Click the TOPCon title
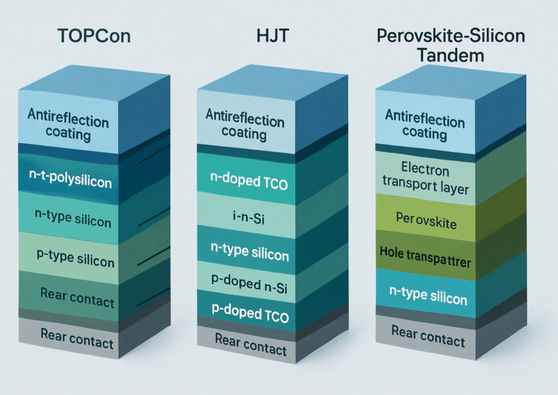pyautogui.click(x=94, y=36)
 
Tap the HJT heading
pyautogui.click(x=272, y=35)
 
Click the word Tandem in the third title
pyautogui.click(x=450, y=55)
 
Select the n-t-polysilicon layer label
pyautogui.click(x=70, y=179)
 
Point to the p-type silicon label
pyautogui.click(x=75, y=258)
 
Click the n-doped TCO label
pyautogui.click(x=248, y=181)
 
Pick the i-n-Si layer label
pyautogui.click(x=248, y=217)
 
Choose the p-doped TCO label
pyautogui.click(x=250, y=313)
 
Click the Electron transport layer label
pyautogui.click(x=426, y=178)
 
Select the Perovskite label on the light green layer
pyautogui.click(x=426, y=220)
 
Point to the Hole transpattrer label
pyautogui.click(x=425, y=256)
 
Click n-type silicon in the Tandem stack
pyautogui.click(x=428, y=296)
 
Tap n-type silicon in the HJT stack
pyautogui.click(x=250, y=252)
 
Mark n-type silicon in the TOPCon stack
pyautogui.click(x=73, y=218)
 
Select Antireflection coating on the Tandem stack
pyautogui.click(x=425, y=125)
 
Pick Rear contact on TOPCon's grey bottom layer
pyautogui.click(x=77, y=338)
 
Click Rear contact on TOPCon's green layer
pyautogui.click(x=77, y=297)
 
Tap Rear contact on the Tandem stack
pyautogui.click(x=428, y=336)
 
